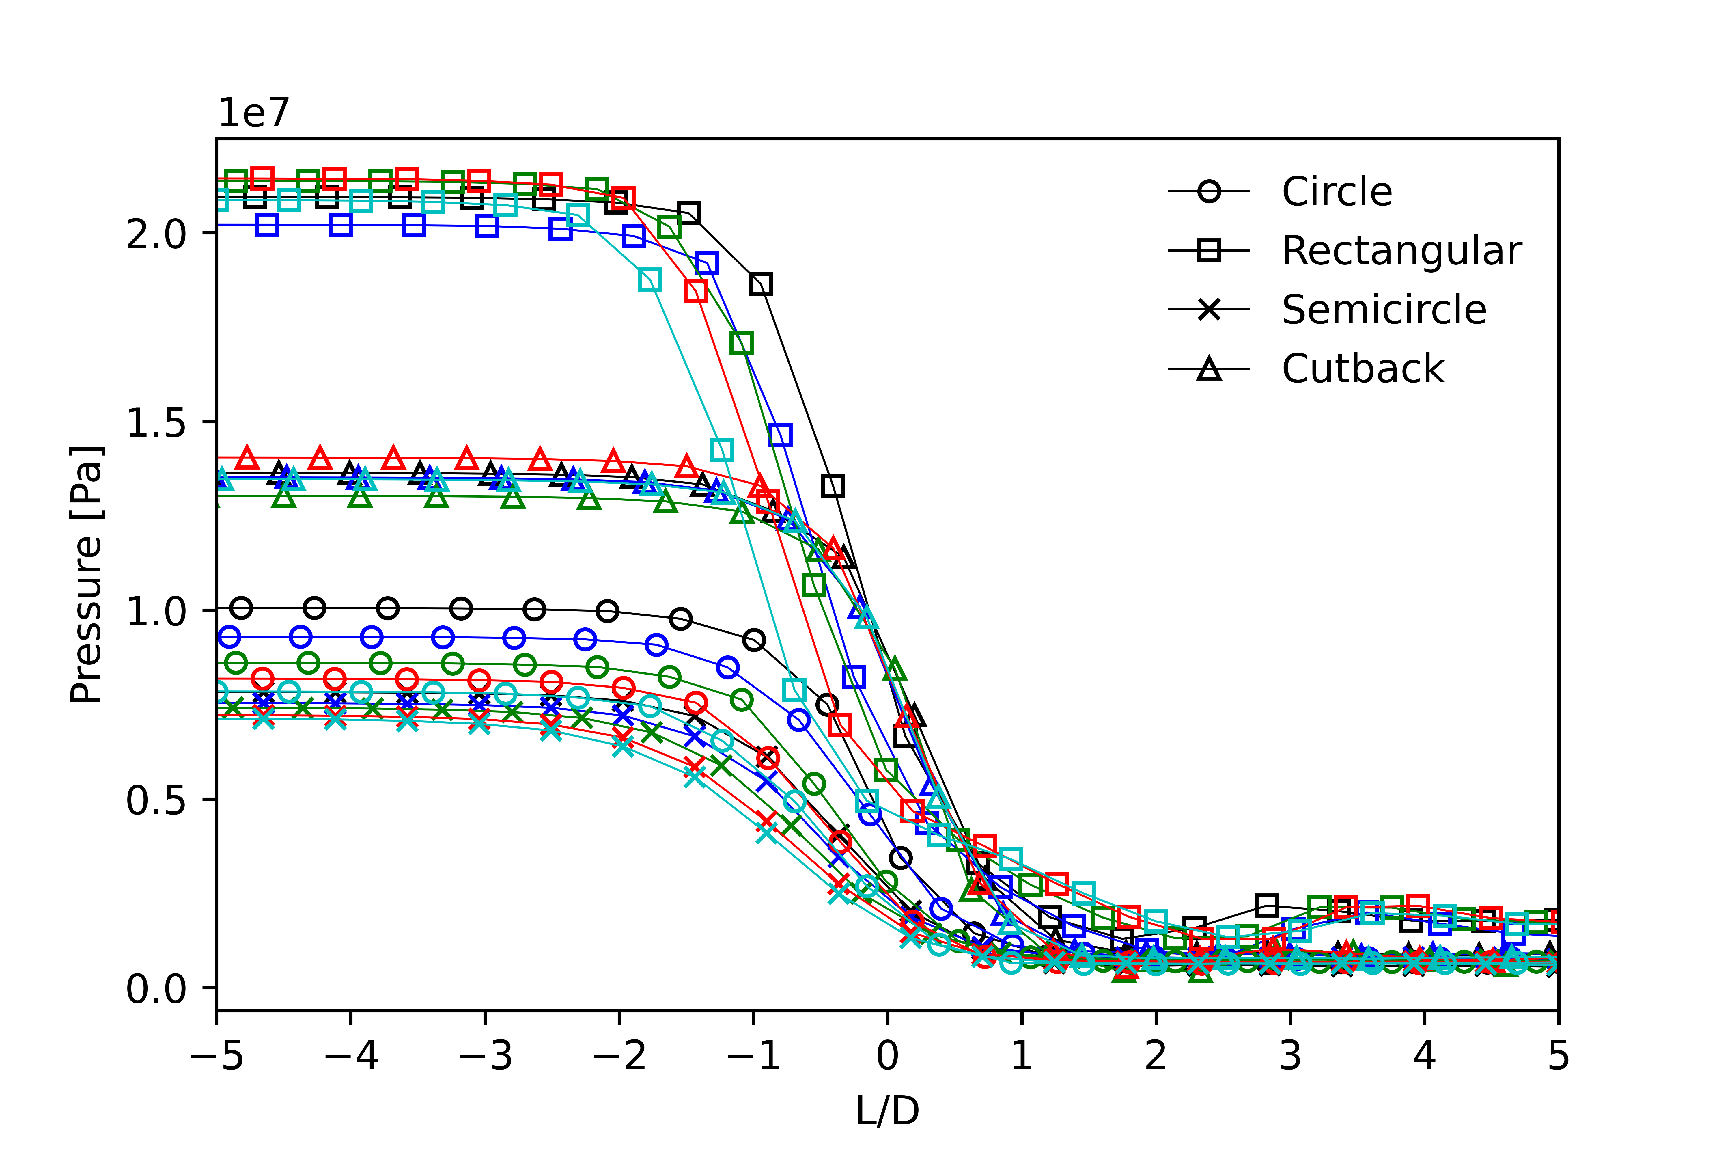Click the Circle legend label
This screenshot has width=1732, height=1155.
1337,192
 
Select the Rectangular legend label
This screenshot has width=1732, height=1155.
1401,251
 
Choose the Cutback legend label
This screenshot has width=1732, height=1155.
1363,369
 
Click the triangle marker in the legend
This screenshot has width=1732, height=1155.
1209,368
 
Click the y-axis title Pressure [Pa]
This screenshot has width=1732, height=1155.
87,575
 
